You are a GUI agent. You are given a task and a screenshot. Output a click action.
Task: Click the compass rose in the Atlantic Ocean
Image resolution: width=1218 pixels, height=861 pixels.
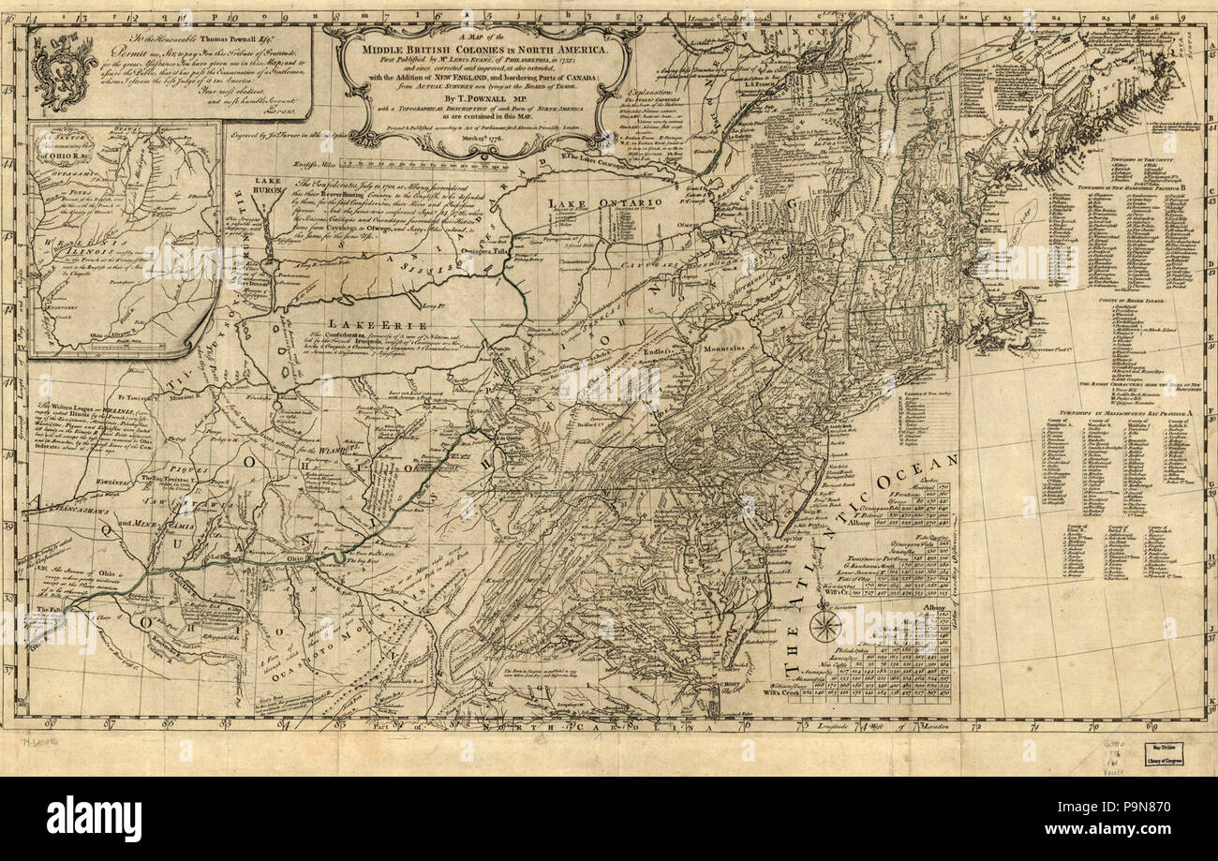click(x=824, y=625)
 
